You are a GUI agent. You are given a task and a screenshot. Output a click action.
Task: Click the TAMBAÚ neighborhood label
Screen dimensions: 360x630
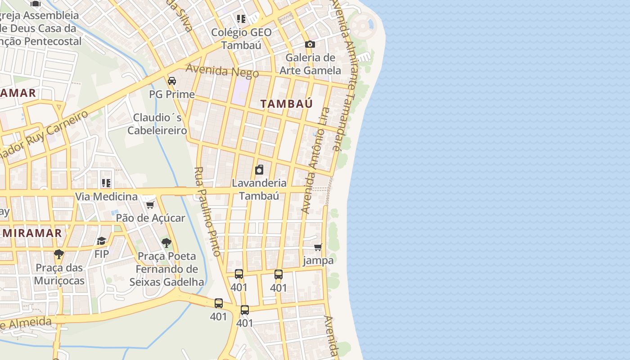(x=286, y=104)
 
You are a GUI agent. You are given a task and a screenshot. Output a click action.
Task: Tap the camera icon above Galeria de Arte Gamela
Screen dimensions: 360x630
(x=310, y=44)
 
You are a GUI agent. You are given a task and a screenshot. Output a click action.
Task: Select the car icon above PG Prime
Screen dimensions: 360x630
(x=171, y=81)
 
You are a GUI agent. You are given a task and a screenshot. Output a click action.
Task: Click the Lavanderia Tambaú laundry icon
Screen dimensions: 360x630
(x=259, y=170)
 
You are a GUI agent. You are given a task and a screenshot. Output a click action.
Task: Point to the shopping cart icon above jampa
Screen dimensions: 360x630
(x=318, y=247)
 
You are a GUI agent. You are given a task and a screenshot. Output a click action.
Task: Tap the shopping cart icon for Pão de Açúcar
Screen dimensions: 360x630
(x=150, y=205)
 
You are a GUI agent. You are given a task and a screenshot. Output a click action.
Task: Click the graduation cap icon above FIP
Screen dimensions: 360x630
(x=101, y=241)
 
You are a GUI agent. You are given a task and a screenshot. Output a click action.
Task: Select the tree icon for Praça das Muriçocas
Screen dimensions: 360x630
(x=58, y=254)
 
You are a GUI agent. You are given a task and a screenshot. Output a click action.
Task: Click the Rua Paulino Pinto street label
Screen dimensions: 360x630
(x=207, y=211)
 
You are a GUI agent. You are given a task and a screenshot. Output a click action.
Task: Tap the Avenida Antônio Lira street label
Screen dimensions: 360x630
(x=315, y=160)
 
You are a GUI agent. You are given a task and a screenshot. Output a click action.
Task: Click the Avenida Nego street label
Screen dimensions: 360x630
(x=222, y=71)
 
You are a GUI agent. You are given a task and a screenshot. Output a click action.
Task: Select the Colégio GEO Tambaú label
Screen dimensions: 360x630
(x=241, y=39)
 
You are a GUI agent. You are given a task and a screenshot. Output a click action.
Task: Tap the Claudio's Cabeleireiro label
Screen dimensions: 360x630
(x=157, y=124)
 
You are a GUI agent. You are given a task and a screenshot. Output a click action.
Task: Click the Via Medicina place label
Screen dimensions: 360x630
(x=106, y=197)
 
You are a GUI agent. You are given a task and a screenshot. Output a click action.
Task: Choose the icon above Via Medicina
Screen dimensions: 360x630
(x=106, y=183)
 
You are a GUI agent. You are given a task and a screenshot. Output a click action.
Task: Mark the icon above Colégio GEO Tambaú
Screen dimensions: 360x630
(x=241, y=19)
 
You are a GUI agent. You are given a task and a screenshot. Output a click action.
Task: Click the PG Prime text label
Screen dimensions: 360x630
(x=172, y=94)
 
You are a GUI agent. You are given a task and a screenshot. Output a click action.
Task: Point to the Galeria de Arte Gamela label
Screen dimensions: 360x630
(x=310, y=64)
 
